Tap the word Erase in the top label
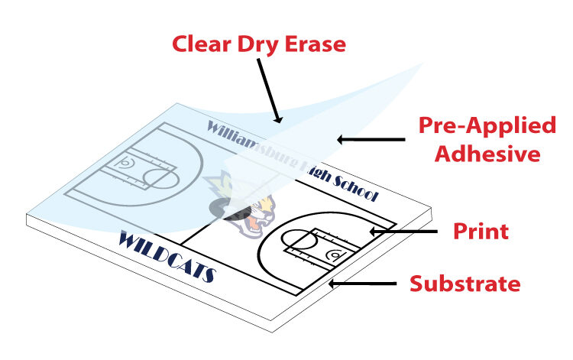point(313,44)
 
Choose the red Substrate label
point(465,284)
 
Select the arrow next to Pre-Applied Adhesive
point(371,139)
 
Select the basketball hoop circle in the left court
point(122,163)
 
